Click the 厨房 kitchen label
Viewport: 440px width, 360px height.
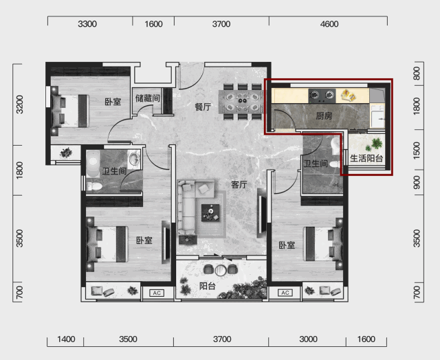(324, 115)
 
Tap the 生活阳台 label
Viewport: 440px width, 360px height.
(366, 159)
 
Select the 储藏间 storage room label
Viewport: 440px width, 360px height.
(148, 98)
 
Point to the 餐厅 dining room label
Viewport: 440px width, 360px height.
(203, 106)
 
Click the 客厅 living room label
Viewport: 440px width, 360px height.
(239, 185)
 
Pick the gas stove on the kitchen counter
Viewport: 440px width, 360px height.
(322, 96)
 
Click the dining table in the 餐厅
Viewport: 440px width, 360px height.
(240, 102)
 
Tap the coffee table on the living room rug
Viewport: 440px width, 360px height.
(210, 213)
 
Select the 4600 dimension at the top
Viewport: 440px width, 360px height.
(329, 24)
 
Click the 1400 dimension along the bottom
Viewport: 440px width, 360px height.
(66, 339)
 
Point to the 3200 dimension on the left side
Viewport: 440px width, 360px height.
(20, 104)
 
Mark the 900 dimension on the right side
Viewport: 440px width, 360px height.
(417, 182)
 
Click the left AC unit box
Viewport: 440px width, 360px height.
(157, 293)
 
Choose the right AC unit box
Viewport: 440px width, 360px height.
(285, 293)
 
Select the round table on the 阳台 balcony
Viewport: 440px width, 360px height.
(221, 270)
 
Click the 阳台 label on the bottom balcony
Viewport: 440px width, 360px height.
(208, 286)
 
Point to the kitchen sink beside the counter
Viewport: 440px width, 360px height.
(377, 117)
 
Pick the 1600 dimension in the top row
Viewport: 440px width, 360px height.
(153, 24)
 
